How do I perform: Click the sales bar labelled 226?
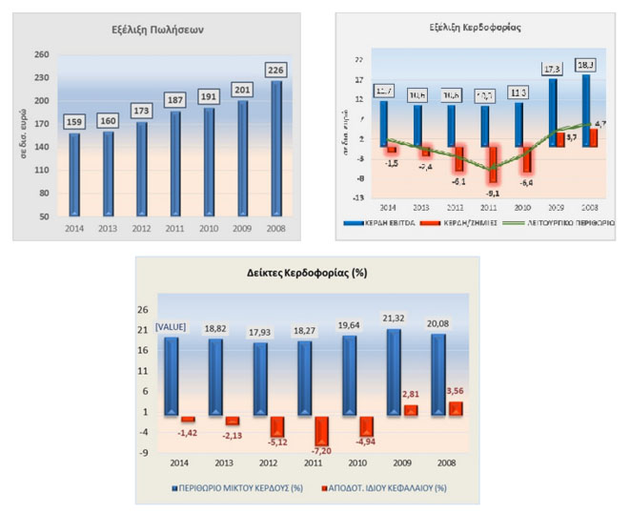(276, 148)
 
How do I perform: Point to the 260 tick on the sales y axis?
(42, 54)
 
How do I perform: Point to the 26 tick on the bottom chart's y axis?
(141, 310)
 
